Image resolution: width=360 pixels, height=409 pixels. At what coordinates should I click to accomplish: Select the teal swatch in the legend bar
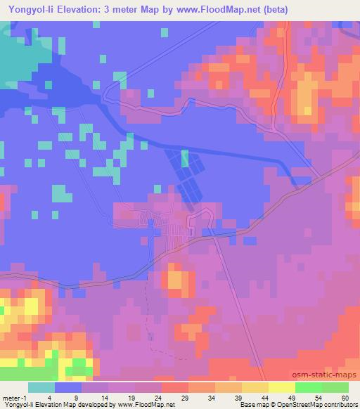tap(41, 387)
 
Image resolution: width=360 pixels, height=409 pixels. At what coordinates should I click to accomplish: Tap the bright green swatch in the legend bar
tap(308, 387)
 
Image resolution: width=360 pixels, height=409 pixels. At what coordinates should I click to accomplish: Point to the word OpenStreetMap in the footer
tap(297, 405)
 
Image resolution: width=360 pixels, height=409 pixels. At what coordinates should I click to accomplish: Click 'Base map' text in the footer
tap(252, 405)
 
